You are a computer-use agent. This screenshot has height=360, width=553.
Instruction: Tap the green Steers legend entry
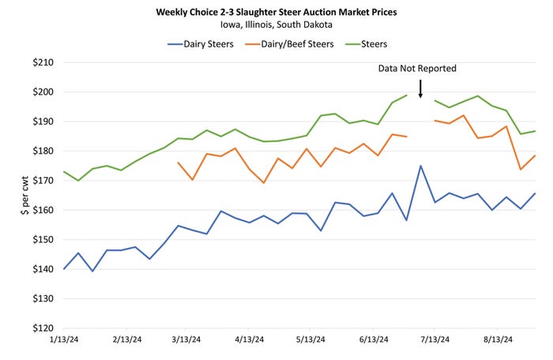click(x=371, y=43)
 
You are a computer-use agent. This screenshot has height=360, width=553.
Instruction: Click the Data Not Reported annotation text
click(x=417, y=69)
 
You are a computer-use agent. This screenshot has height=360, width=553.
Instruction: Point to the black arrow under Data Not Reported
click(x=420, y=88)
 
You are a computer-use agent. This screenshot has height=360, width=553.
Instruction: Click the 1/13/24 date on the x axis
click(x=63, y=341)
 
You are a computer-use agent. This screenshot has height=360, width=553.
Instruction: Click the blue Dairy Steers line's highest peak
click(x=421, y=166)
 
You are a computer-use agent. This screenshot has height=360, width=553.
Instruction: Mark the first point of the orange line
click(x=178, y=163)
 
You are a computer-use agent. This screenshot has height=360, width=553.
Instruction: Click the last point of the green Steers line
click(x=536, y=131)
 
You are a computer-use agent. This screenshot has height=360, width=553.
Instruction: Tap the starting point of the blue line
click(x=64, y=268)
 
